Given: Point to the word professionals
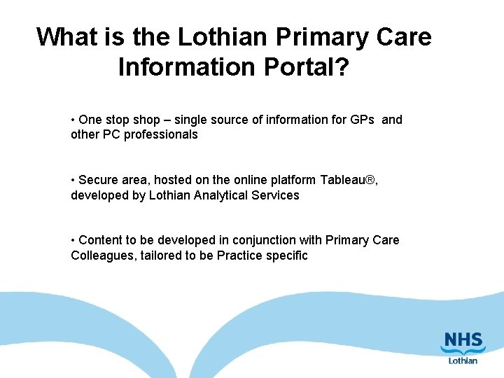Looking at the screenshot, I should coord(161,134).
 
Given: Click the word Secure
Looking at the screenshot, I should coord(99,180).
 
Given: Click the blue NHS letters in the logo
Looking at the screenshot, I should coord(462,344).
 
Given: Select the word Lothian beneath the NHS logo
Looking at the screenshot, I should coord(463,360).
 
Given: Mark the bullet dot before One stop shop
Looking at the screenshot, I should coord(73,120).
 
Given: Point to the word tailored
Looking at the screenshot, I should coord(160,255).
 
